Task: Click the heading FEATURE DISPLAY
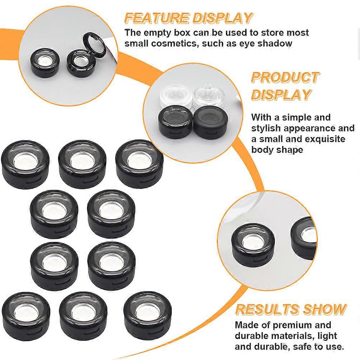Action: (x=188, y=18)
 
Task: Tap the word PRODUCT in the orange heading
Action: (x=285, y=77)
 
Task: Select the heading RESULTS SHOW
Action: (x=291, y=309)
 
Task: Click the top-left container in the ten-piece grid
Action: (x=25, y=164)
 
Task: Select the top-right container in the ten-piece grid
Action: (x=139, y=164)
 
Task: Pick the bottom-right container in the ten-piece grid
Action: (x=147, y=316)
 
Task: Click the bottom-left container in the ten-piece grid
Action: (x=26, y=316)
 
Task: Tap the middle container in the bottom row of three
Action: (x=83, y=316)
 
